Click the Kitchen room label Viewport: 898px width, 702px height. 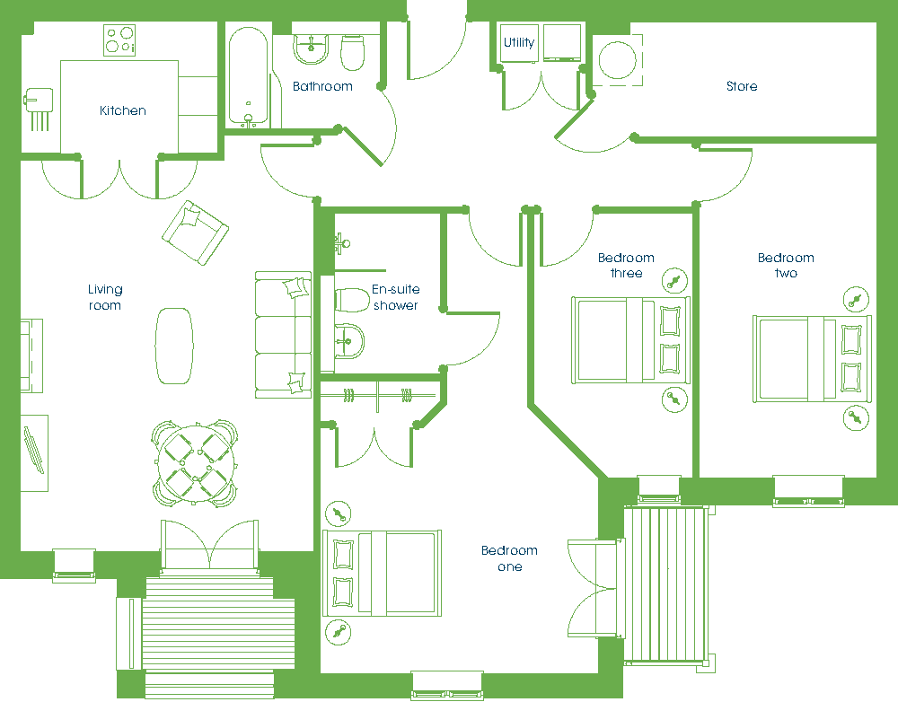click(122, 110)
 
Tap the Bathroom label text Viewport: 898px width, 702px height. click(322, 86)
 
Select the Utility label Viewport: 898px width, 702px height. click(519, 42)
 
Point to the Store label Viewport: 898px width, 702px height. click(742, 86)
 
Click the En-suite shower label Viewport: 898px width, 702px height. click(396, 297)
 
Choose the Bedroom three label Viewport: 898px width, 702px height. click(626, 265)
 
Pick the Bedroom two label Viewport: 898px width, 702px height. click(786, 265)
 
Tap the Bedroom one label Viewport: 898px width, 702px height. click(509, 558)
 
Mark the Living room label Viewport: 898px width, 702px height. click(105, 297)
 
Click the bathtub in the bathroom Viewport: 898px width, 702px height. click(248, 76)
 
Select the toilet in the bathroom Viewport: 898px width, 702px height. click(352, 53)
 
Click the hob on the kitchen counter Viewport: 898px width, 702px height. click(119, 40)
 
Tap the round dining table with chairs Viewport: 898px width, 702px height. click(195, 464)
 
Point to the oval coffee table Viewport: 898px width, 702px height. click(174, 346)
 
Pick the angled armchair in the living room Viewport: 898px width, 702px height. click(195, 233)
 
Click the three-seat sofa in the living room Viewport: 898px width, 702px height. click(283, 335)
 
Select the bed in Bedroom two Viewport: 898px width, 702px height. click(812, 359)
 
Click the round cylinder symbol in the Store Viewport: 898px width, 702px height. click(617, 60)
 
